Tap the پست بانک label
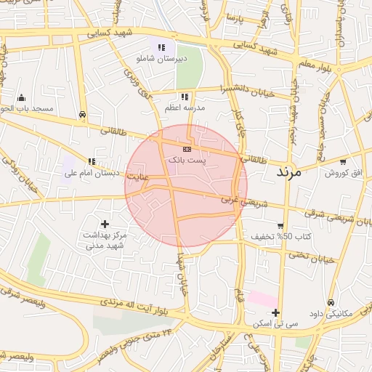187,158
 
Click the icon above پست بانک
187,148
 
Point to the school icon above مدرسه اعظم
185,97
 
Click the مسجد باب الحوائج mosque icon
22,98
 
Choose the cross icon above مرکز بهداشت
105,224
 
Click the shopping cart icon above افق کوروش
342,162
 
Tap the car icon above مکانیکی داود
331,302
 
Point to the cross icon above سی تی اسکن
275,312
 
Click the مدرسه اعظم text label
185,108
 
